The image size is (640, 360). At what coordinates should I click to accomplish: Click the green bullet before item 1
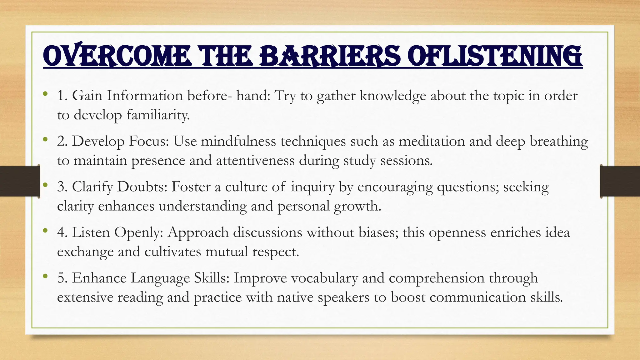[46, 93]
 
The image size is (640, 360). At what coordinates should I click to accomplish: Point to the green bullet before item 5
[46, 276]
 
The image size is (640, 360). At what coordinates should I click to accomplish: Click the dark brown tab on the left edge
[19, 181]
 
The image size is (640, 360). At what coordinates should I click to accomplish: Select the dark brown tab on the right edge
[620, 181]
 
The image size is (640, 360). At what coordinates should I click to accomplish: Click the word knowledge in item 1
[393, 96]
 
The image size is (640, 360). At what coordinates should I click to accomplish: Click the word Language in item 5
[160, 278]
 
